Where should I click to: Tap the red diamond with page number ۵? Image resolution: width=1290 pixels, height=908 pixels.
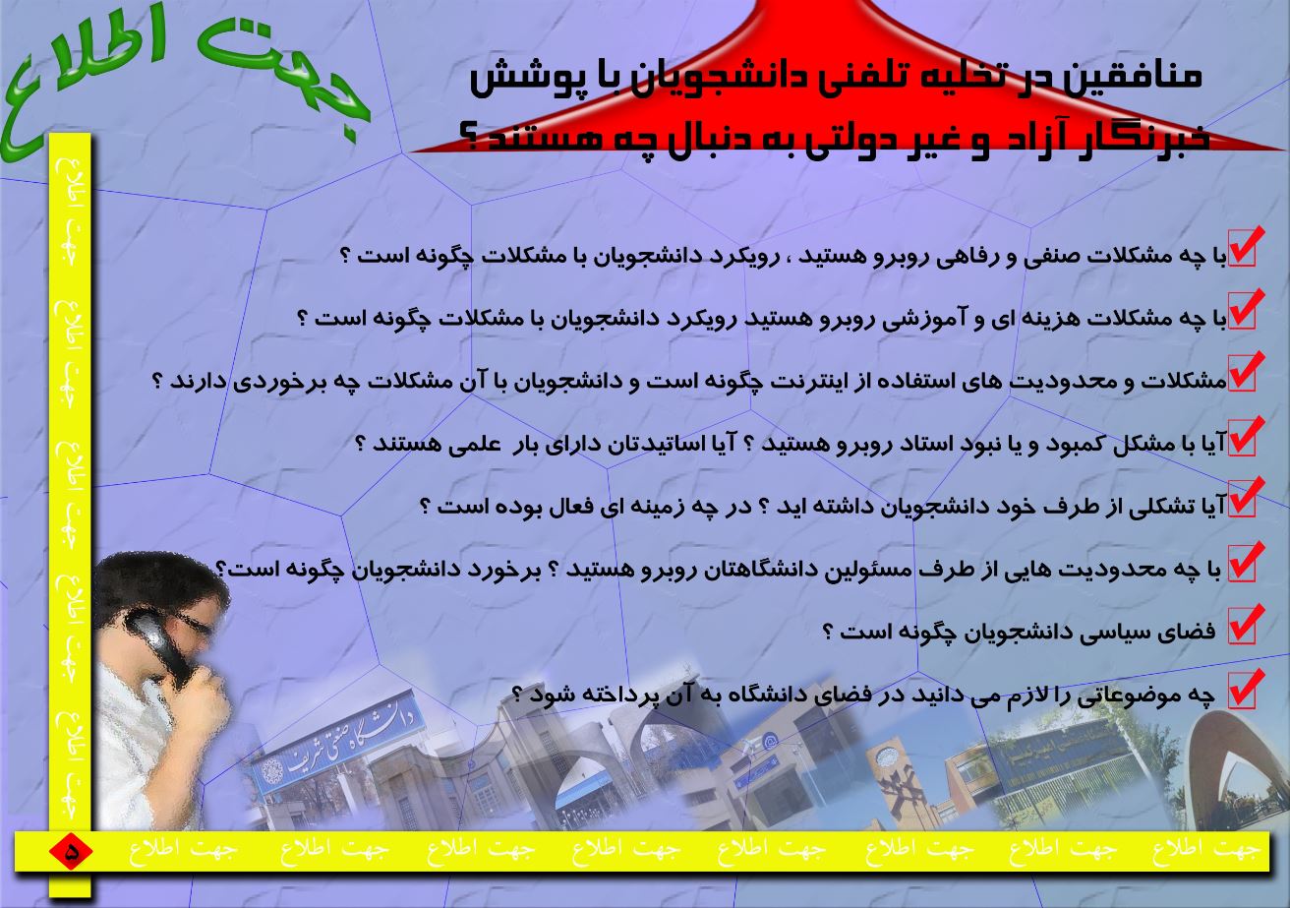tap(71, 851)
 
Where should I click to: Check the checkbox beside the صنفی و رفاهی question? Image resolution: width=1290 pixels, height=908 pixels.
tap(1244, 249)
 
